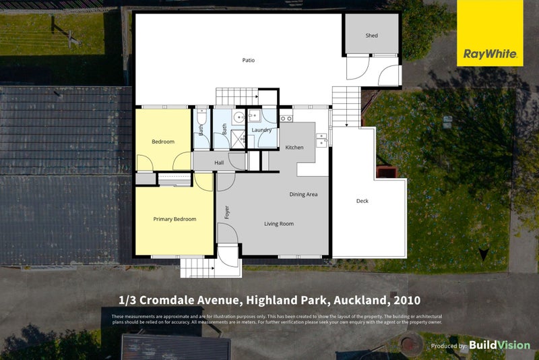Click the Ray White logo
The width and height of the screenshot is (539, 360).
490,33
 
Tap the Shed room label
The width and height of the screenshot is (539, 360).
371,36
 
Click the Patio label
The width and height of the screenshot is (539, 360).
249,61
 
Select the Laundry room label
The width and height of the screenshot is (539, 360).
261,130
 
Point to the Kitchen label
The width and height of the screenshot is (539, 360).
294,148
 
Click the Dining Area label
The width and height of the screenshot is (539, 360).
303,195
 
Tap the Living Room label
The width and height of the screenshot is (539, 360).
278,224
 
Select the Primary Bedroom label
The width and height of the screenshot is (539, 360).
175,219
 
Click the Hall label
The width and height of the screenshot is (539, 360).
219,163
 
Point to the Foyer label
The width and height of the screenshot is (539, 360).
227,213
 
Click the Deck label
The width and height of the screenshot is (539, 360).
362,201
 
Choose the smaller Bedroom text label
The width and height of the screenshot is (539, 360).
163,142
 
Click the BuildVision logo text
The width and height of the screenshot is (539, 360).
499,345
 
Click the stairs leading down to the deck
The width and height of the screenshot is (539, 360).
347,107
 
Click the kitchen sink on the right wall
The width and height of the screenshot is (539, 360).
322,140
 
